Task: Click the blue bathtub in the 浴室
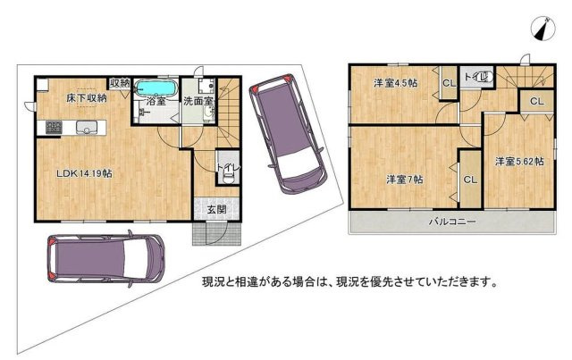[x=156, y=88]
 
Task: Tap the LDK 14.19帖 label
[x=83, y=173]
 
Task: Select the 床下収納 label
[x=87, y=97]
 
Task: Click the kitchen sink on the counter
[x=86, y=128]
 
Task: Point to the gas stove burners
[x=54, y=128]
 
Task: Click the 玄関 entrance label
[x=216, y=209]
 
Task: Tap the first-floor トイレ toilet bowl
[x=229, y=178]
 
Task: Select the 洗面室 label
[x=198, y=101]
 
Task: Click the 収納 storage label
[x=120, y=83]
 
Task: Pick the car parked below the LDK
[x=105, y=259]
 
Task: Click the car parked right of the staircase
[x=287, y=133]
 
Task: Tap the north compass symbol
[x=543, y=28]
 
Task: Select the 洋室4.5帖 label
[x=395, y=83]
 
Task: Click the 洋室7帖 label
[x=405, y=180]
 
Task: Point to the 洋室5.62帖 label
[x=519, y=161]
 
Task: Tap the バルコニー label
[x=452, y=222]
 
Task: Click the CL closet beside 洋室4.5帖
[x=449, y=83]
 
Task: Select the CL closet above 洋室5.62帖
[x=536, y=101]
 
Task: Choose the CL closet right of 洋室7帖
[x=470, y=180]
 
